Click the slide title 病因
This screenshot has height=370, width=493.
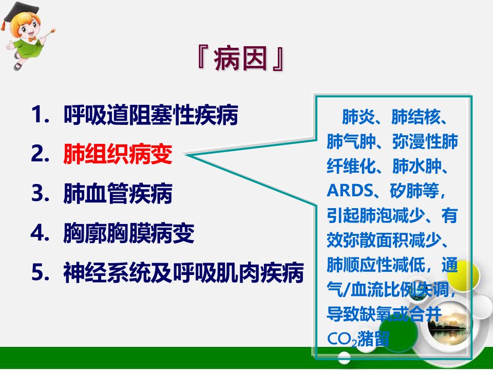[241, 59]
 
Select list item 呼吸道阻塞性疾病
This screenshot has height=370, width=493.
[150, 115]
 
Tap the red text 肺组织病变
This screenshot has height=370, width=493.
[118, 154]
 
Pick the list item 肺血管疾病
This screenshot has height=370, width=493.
[118, 193]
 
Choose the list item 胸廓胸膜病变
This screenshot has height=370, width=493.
[129, 233]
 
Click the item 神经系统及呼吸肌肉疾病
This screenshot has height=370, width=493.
[184, 272]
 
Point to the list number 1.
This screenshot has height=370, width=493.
[40, 115]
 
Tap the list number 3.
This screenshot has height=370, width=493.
[40, 193]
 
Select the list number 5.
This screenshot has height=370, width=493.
[40, 272]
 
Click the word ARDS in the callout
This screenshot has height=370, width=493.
[350, 190]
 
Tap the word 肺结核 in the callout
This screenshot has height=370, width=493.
[416, 117]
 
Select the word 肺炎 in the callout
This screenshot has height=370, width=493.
[358, 117]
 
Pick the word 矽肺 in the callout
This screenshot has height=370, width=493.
[406, 190]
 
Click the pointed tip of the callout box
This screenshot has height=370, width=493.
[186, 155]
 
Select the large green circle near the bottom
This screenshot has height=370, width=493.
[398, 331]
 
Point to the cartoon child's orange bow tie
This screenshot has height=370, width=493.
[32, 39]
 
